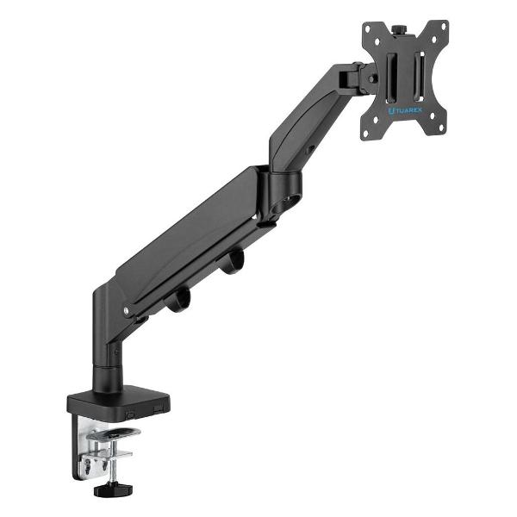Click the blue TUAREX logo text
(405, 111)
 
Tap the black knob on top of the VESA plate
(399, 29)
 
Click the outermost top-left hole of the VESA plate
(368, 28)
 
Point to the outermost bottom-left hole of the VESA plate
(365, 134)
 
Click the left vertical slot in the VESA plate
(392, 78)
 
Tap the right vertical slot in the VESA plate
(419, 76)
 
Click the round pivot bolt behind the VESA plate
(373, 78)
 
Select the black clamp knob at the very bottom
(113, 489)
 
